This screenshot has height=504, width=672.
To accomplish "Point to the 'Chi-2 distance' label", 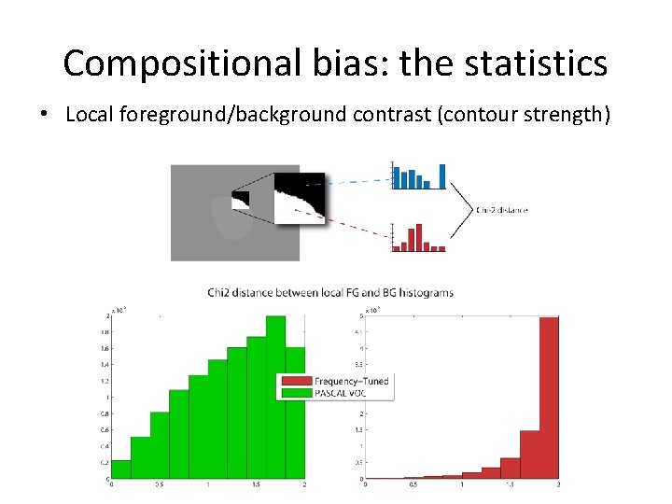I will click(x=501, y=210).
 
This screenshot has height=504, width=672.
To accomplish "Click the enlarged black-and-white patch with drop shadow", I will click(x=300, y=197).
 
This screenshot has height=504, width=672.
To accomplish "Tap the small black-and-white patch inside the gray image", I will click(x=241, y=198).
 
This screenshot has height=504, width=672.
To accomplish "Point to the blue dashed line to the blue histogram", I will click(x=359, y=181).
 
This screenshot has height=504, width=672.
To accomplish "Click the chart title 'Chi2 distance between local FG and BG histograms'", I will click(x=330, y=293).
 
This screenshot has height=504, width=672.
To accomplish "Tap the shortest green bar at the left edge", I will click(x=120, y=471).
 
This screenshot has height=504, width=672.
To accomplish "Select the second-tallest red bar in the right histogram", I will click(x=529, y=455).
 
